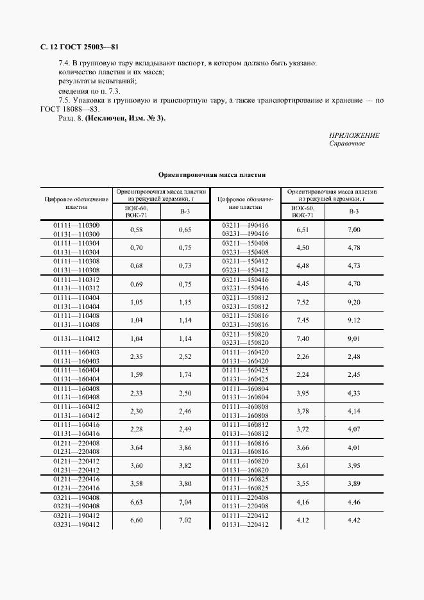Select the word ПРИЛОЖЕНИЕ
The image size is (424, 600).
353,135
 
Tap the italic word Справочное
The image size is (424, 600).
347,144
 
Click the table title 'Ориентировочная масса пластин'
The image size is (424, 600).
212,174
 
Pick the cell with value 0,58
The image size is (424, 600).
135,229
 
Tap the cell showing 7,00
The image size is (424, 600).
354,229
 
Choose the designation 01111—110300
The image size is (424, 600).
76,225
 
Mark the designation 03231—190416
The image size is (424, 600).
245,234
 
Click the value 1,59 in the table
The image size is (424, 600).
135,374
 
